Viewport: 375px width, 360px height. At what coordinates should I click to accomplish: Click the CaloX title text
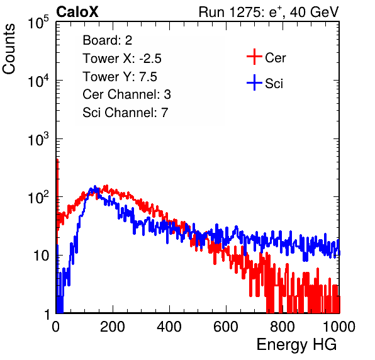[77, 12]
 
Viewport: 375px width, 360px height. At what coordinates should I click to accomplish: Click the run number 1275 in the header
[245, 12]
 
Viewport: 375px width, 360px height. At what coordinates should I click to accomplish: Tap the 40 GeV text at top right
[314, 12]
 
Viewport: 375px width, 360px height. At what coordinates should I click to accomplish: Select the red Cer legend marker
[254, 57]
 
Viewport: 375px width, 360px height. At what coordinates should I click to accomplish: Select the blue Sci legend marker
[254, 82]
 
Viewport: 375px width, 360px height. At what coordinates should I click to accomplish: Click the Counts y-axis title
[9, 49]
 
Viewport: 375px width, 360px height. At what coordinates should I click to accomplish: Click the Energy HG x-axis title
[296, 345]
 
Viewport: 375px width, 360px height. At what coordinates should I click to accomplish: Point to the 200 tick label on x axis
[113, 327]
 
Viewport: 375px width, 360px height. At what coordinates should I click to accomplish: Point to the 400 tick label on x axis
[169, 327]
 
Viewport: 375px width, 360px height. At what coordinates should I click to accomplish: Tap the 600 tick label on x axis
[226, 327]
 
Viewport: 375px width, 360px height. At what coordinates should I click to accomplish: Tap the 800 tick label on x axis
[283, 327]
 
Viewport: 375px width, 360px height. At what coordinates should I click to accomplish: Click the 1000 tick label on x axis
[339, 327]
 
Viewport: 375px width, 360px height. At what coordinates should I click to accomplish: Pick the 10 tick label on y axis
[41, 256]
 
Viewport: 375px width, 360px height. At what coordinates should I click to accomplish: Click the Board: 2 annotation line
[108, 40]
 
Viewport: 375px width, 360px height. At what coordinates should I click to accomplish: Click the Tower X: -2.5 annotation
[122, 59]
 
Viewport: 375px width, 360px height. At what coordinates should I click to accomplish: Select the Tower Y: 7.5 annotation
[120, 77]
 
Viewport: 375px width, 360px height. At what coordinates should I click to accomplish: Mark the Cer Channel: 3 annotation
[126, 94]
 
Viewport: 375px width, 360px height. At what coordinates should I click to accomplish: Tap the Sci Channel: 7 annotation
[125, 113]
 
